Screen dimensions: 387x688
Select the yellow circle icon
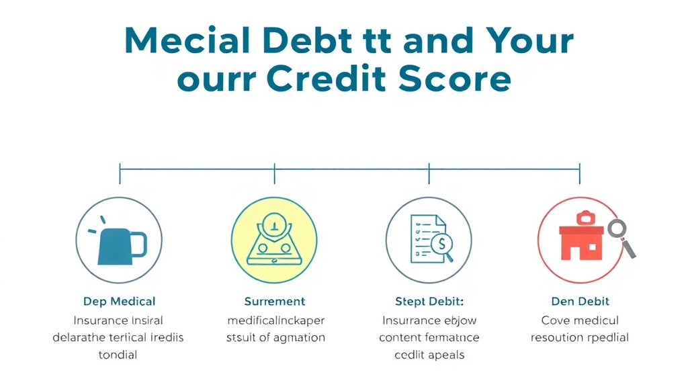pos(274,241)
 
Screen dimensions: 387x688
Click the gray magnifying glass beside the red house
pos(619,236)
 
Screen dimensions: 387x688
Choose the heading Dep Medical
pos(119,302)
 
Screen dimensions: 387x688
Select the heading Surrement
pos(274,302)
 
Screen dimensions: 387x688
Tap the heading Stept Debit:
pos(429,302)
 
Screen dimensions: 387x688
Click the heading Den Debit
pos(580,302)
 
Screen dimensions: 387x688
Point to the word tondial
pos(118,355)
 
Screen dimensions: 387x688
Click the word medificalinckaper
pos(275,320)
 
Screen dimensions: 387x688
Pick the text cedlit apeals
pos(429,355)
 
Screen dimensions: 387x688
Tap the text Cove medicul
pos(580,320)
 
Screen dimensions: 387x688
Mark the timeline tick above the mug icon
pos(120,173)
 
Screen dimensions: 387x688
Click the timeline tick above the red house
pos(580,173)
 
